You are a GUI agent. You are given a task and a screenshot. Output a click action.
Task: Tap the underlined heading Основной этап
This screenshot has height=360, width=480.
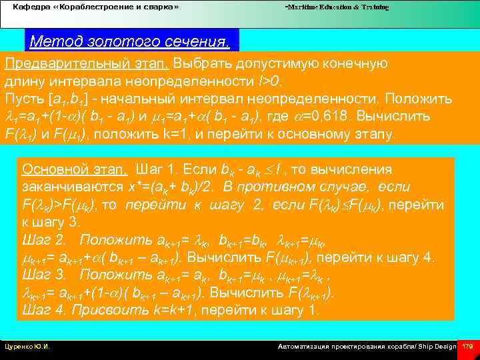[74, 169]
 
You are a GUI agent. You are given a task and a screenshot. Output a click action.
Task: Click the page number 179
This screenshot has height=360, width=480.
[468, 347]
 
